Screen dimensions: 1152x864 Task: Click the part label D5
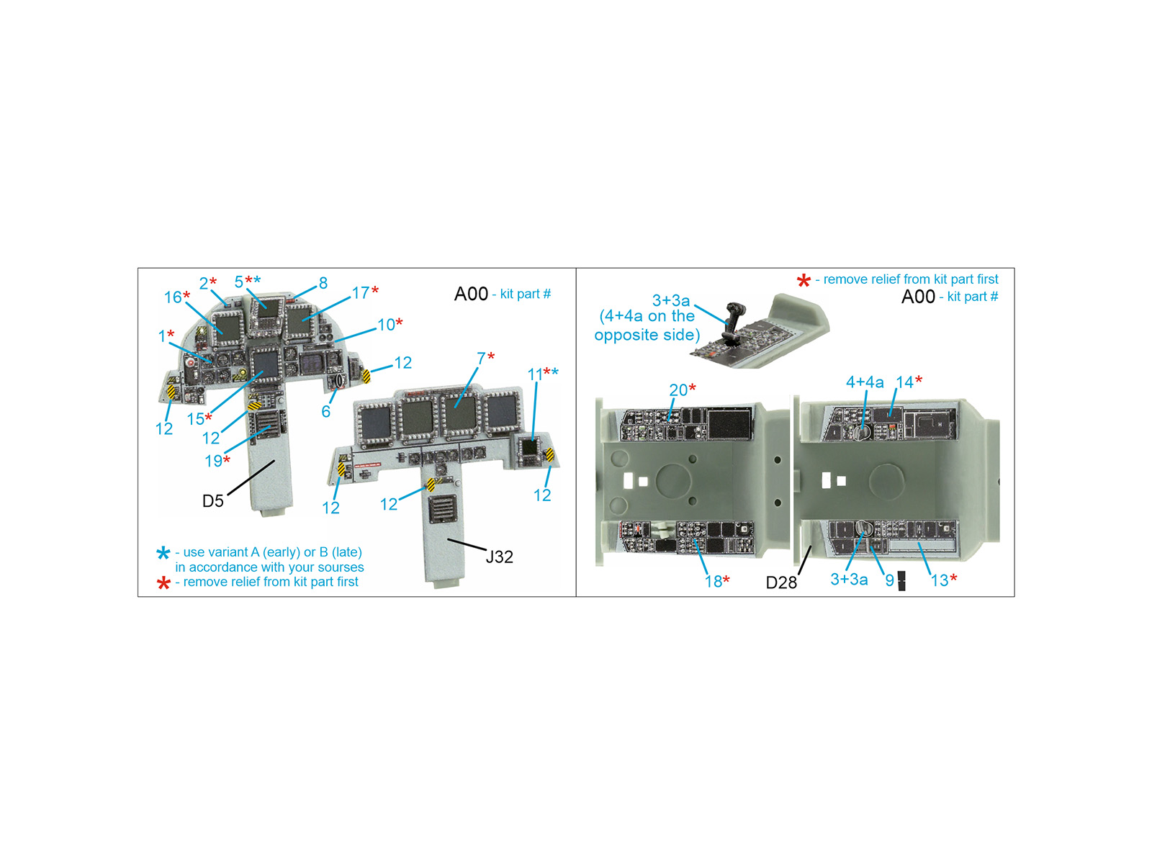point(212,501)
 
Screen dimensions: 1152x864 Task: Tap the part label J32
point(498,557)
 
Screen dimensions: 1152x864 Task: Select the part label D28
point(781,582)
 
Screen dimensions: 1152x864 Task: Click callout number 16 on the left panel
point(173,297)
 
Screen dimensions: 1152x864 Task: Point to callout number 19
point(214,461)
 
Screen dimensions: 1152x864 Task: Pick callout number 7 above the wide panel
point(481,359)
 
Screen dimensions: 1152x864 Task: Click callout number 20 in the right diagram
point(678,390)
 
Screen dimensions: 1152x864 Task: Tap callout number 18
point(714,581)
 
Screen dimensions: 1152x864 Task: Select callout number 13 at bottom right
point(940,580)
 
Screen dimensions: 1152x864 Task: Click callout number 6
point(326,411)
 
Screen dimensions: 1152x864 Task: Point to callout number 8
point(323,283)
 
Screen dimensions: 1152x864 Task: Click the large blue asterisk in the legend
point(163,553)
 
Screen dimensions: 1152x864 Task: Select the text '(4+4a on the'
point(647,316)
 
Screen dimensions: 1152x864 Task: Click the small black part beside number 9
point(901,580)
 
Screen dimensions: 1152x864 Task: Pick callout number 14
point(904,382)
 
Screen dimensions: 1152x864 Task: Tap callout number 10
point(386,325)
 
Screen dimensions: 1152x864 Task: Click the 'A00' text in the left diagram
point(471,294)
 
